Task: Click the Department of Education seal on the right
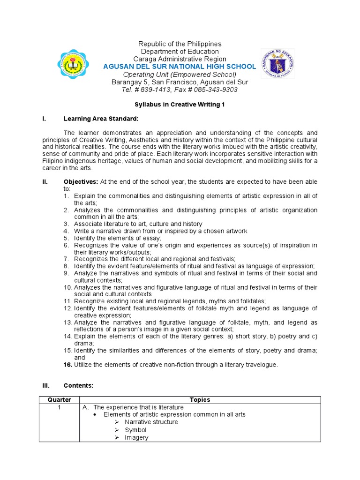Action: (x=278, y=63)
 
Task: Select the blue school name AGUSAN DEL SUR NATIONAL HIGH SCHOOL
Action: (x=180, y=67)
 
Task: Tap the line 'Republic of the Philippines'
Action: (x=180, y=44)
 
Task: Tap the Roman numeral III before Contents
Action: (x=46, y=385)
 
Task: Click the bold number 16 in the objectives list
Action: (x=67, y=365)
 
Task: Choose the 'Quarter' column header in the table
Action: (x=59, y=400)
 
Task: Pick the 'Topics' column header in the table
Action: (x=200, y=400)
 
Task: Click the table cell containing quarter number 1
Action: (x=59, y=407)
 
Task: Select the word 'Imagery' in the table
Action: (x=136, y=437)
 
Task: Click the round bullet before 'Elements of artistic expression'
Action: (x=95, y=415)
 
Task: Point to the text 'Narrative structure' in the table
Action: (x=151, y=422)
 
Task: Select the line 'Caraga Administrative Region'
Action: (x=180, y=59)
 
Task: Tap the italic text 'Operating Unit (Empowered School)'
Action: (x=180, y=75)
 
